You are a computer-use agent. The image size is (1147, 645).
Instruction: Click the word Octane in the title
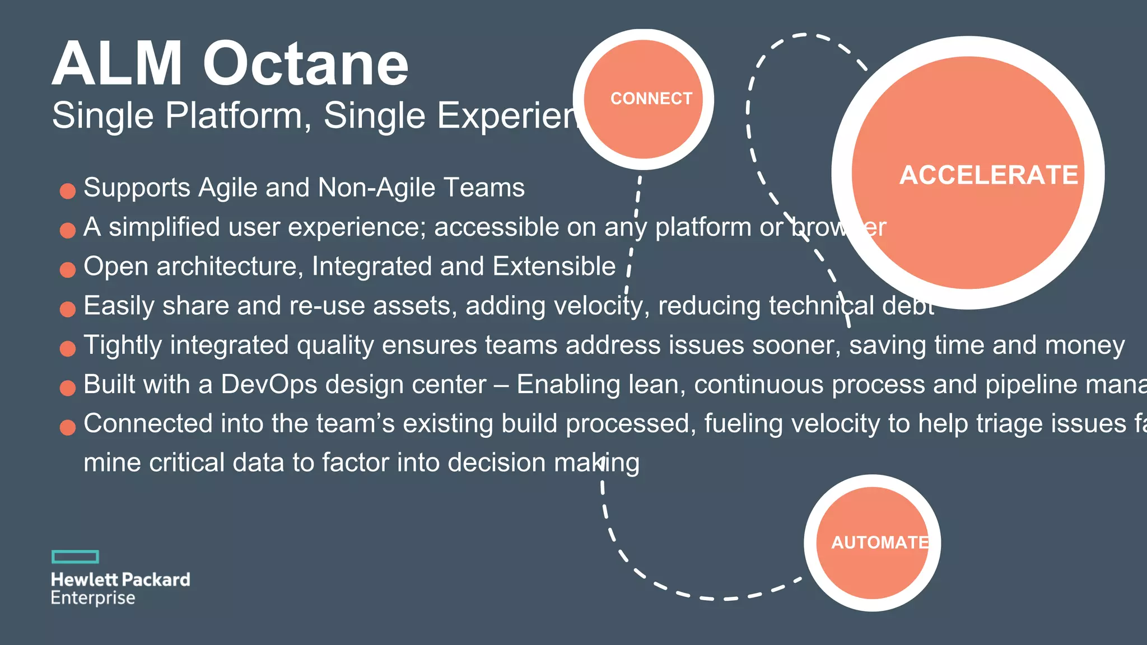[x=306, y=64]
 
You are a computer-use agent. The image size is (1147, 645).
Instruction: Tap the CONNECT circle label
[x=651, y=99]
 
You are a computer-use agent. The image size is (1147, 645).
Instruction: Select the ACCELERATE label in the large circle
[x=989, y=175]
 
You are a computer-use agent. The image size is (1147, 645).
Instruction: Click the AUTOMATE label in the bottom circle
[x=880, y=543]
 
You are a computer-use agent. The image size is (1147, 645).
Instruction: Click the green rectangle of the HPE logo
[x=75, y=557]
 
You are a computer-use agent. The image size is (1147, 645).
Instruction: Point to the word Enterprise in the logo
[x=93, y=598]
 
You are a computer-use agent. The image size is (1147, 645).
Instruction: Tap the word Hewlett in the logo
[x=85, y=579]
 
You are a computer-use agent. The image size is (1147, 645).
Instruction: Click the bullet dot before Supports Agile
[x=68, y=191]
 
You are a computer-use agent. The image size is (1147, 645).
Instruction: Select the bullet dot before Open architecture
[x=68, y=270]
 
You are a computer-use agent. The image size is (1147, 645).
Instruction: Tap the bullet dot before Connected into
[x=68, y=428]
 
